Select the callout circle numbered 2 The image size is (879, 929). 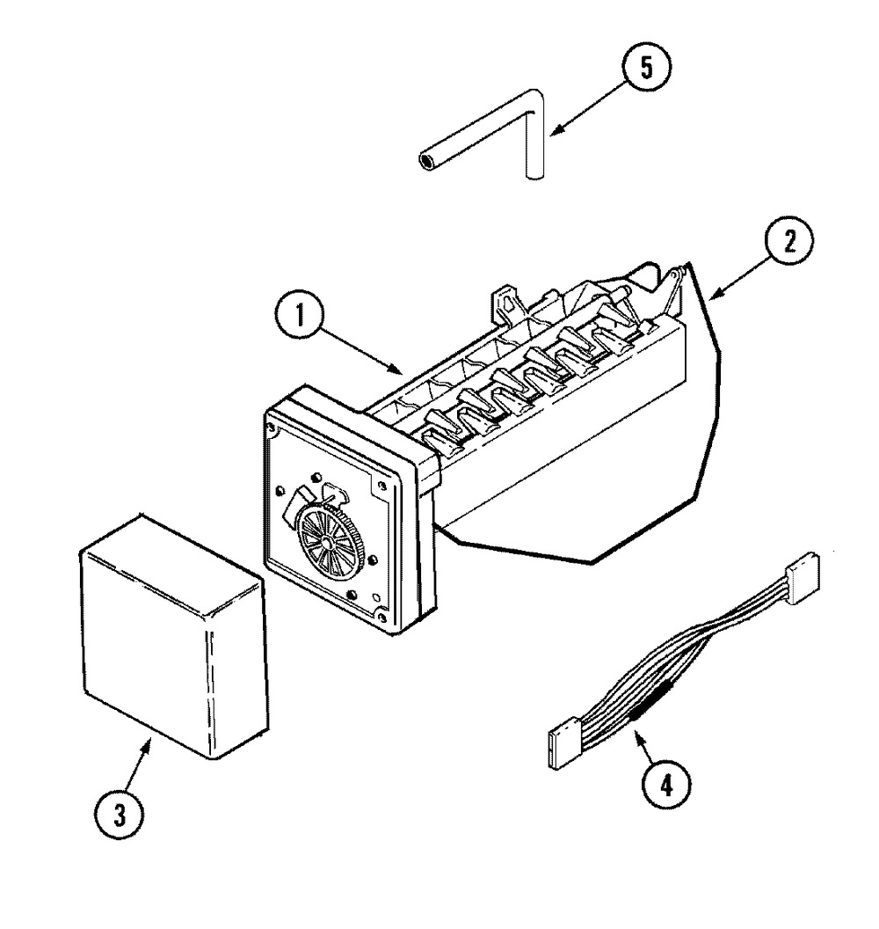[x=785, y=241]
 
